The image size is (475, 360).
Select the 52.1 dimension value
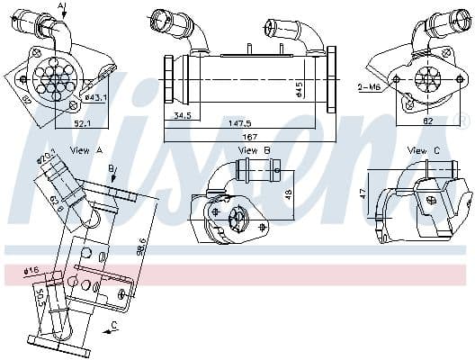[81, 124]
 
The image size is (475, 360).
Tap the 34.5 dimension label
[184, 115]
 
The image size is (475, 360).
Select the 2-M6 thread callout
[369, 87]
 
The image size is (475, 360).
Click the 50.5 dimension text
[39, 297]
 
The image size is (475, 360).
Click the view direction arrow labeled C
[111, 328]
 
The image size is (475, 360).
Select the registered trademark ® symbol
[464, 121]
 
